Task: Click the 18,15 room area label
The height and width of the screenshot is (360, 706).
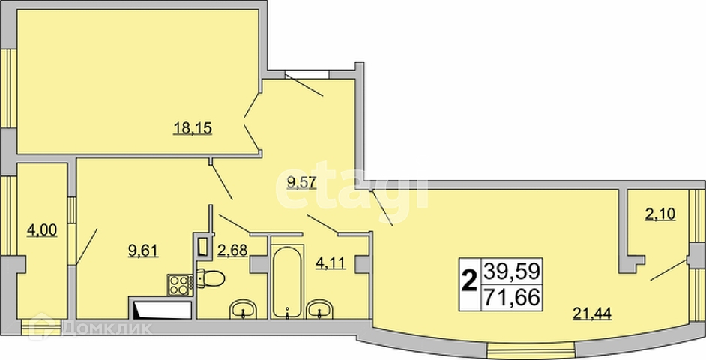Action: (193, 129)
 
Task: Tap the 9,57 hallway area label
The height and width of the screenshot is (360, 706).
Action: (303, 184)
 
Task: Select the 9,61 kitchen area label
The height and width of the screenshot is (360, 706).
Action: (144, 250)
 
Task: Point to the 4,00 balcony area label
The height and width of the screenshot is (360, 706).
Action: (42, 230)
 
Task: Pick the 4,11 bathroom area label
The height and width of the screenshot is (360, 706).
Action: (331, 262)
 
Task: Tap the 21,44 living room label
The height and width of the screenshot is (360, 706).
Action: (592, 312)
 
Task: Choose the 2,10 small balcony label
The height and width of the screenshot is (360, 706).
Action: (660, 214)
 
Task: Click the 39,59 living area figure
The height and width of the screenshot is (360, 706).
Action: (511, 271)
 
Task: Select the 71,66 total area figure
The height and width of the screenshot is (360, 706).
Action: (511, 298)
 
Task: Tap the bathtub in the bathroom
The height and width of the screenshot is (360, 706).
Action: (287, 281)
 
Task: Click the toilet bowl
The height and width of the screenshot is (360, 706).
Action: (211, 278)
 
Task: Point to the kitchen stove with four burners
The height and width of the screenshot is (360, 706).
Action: (180, 285)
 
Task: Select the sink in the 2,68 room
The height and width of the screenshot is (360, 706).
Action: (243, 310)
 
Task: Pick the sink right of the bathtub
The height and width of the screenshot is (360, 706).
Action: (319, 310)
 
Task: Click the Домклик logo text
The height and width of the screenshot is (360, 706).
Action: (107, 328)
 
